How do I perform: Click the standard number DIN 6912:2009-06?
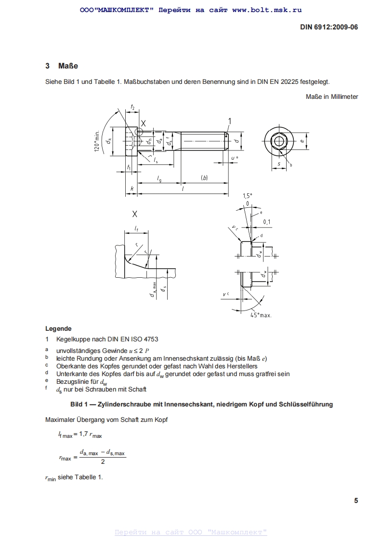tap(329, 27)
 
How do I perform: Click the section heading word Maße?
tap(68, 66)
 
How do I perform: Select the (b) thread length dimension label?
tap(204, 178)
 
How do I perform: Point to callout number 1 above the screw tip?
tap(230, 121)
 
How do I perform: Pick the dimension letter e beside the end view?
tap(302, 141)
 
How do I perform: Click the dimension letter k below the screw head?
tap(132, 189)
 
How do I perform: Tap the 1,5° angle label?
tap(247, 196)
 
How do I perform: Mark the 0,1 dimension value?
tap(267, 222)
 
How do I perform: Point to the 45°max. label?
tap(261, 315)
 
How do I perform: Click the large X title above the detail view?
tap(135, 214)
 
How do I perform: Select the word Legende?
tap(58, 329)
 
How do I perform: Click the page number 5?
tap(356, 500)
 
